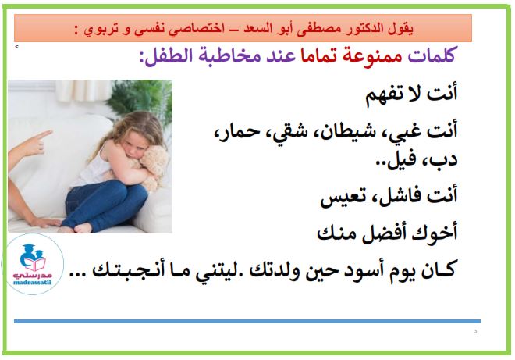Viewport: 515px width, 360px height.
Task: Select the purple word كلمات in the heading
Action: point(431,55)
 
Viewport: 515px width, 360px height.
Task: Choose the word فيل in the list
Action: point(396,160)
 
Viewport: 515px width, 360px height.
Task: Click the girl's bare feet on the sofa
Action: point(76,227)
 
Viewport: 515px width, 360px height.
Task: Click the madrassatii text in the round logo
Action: point(32,283)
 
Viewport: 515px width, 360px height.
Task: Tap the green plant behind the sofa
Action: point(141,98)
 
